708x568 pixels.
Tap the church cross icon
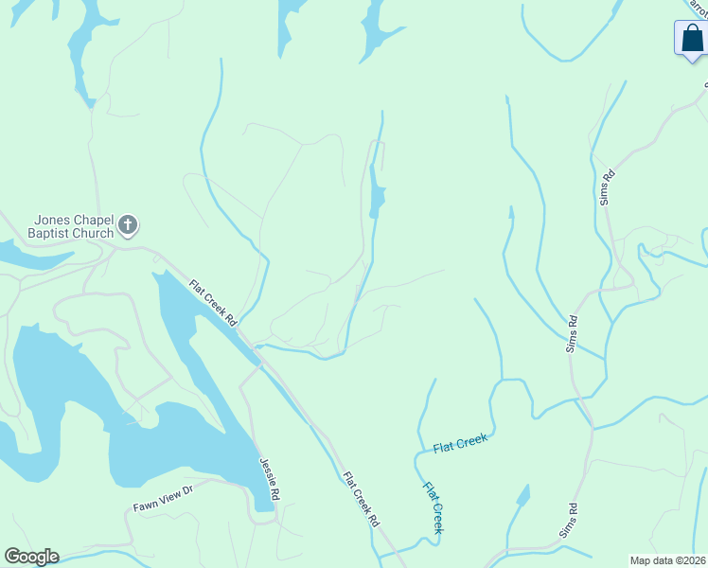click(129, 226)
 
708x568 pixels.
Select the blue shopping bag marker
click(692, 40)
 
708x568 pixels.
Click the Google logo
click(31, 557)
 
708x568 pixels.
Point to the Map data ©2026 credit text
click(667, 560)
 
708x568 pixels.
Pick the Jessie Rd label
click(270, 480)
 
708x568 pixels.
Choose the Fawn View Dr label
click(162, 499)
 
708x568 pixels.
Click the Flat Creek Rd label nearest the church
click(213, 303)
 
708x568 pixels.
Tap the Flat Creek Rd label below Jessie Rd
click(361, 499)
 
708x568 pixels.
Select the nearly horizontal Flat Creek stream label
click(460, 443)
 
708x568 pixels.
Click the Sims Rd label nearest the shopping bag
click(608, 187)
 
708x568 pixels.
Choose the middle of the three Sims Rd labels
click(572, 334)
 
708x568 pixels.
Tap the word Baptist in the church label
click(56, 233)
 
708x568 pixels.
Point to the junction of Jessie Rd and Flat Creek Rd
click(257, 363)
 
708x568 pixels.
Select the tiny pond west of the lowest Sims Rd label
click(522, 495)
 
